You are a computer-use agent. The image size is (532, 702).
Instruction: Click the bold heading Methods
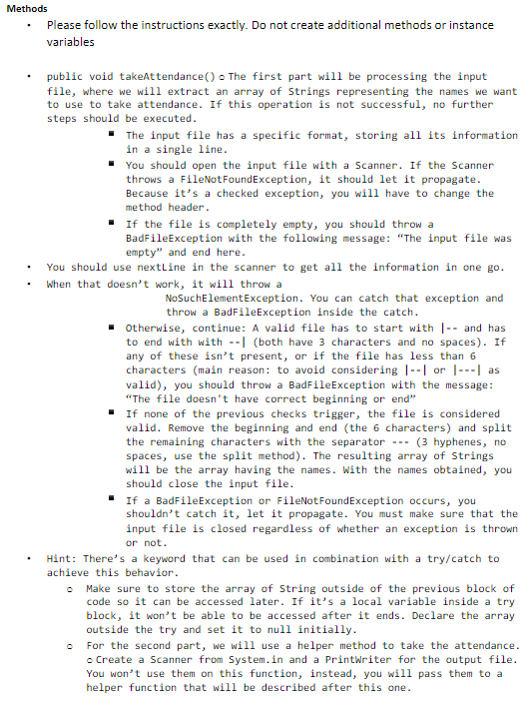(27, 9)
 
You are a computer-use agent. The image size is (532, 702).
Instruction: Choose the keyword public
(66, 77)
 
